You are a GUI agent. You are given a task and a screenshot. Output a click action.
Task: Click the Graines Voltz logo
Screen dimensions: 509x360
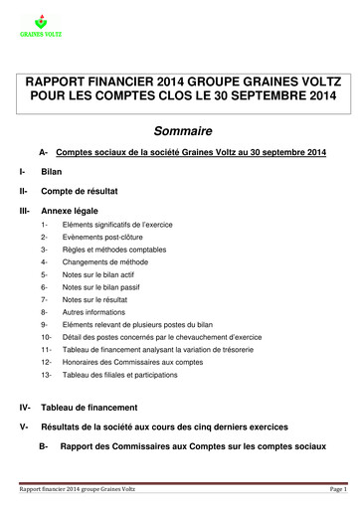pyautogui.click(x=40, y=24)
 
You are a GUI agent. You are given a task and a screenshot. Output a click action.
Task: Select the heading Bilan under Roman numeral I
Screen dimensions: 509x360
pyautogui.click(x=51, y=172)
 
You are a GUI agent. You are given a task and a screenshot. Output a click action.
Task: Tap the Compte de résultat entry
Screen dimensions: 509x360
pyautogui.click(x=81, y=190)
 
